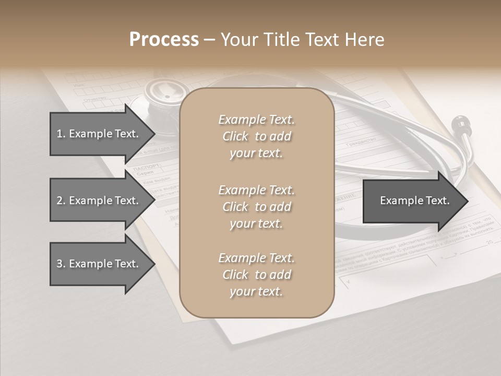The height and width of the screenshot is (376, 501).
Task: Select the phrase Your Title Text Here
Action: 302,40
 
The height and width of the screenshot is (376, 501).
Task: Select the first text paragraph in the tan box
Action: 256,136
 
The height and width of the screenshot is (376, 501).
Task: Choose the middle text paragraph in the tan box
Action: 256,207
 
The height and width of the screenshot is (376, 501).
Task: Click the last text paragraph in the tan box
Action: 256,275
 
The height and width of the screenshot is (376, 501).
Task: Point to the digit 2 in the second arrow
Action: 59,201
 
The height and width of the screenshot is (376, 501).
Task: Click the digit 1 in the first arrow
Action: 59,134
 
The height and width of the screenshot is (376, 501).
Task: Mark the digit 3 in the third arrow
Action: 59,264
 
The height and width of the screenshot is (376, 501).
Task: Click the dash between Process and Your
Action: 210,40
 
